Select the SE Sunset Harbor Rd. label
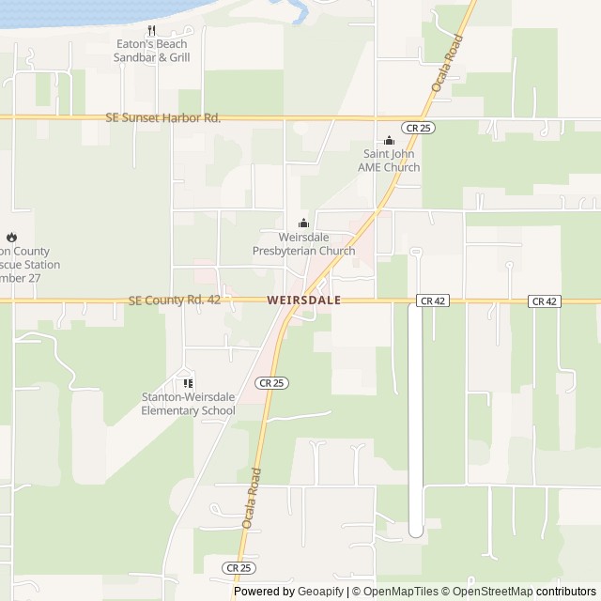click(163, 118)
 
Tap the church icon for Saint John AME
click(390, 141)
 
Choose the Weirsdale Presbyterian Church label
click(303, 244)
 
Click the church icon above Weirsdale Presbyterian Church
click(303, 223)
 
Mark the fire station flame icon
click(11, 238)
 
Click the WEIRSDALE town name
click(303, 301)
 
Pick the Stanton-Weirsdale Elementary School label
click(188, 404)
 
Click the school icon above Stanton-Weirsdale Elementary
click(188, 383)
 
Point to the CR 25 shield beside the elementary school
click(270, 382)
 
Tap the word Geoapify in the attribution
click(316, 592)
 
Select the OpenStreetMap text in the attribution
click(488, 592)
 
